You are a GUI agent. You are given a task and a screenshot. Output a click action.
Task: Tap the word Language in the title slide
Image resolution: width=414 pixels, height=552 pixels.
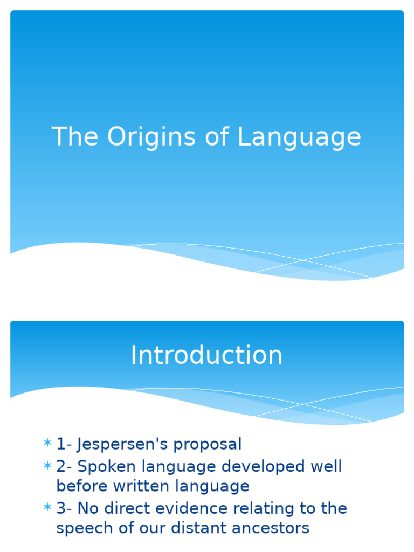click(299, 137)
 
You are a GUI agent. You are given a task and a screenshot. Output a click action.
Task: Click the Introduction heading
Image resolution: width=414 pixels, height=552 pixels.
click(206, 356)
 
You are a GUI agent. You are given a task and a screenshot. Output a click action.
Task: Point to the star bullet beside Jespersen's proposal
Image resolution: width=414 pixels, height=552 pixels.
click(47, 444)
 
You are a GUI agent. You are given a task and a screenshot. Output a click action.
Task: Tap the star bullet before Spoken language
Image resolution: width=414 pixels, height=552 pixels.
click(47, 466)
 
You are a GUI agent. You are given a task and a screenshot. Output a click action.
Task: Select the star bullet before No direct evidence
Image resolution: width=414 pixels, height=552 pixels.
click(47, 508)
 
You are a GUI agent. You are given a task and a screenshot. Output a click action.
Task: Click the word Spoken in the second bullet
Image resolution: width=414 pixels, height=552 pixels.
click(105, 466)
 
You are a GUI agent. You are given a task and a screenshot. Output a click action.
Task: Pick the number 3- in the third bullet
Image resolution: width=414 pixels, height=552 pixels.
click(64, 508)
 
